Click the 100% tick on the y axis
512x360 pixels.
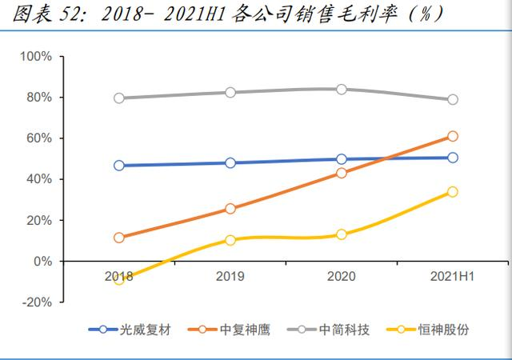pos(36,57)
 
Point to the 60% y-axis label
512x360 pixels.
pos(38,138)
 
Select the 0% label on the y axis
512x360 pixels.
pos(42,262)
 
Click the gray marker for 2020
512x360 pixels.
pos(342,90)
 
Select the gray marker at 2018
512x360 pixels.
pos(119,98)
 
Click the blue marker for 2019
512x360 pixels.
pos(230,163)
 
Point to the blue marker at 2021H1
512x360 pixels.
pos(453,158)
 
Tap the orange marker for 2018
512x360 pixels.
pos(119,238)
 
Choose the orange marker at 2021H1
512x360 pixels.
pos(453,137)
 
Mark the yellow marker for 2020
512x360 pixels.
pos(342,234)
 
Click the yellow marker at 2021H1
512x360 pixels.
pos(453,192)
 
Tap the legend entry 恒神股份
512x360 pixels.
pos(443,330)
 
